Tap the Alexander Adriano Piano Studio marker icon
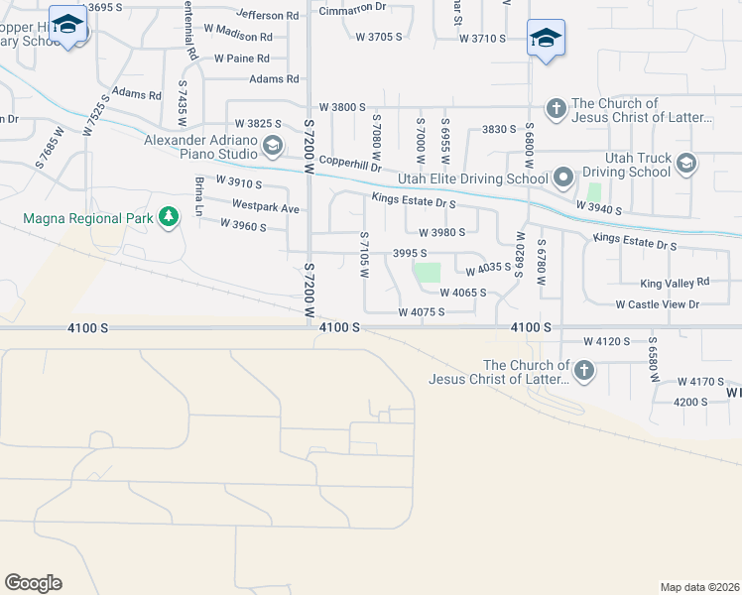click(x=271, y=148)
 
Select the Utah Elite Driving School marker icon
click(x=563, y=178)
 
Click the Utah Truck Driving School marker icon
click(x=686, y=163)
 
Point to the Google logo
click(x=33, y=583)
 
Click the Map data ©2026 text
click(x=698, y=587)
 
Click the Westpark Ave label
click(x=266, y=208)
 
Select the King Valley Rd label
click(x=676, y=284)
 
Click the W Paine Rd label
click(x=243, y=59)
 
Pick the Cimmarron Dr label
click(x=352, y=12)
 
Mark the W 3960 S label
click(x=243, y=226)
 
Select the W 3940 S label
click(x=598, y=210)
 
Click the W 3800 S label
click(x=342, y=107)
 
